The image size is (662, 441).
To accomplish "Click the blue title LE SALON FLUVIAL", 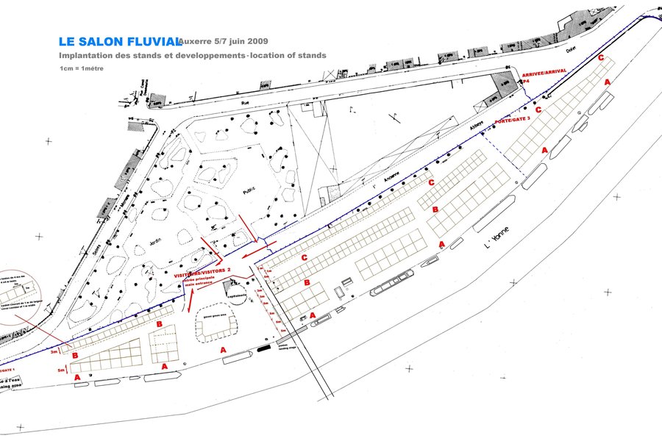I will pyautogui.click(x=118, y=42).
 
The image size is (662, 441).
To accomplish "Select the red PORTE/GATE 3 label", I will pyautogui.click(x=514, y=121).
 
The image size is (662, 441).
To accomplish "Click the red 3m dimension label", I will pyautogui.click(x=54, y=352).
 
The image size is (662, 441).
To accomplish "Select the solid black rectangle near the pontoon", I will pyautogui.click(x=263, y=349).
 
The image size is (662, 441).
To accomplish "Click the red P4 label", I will pyautogui.click(x=527, y=83).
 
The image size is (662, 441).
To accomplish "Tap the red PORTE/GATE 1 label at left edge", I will pyautogui.click(x=8, y=370).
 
